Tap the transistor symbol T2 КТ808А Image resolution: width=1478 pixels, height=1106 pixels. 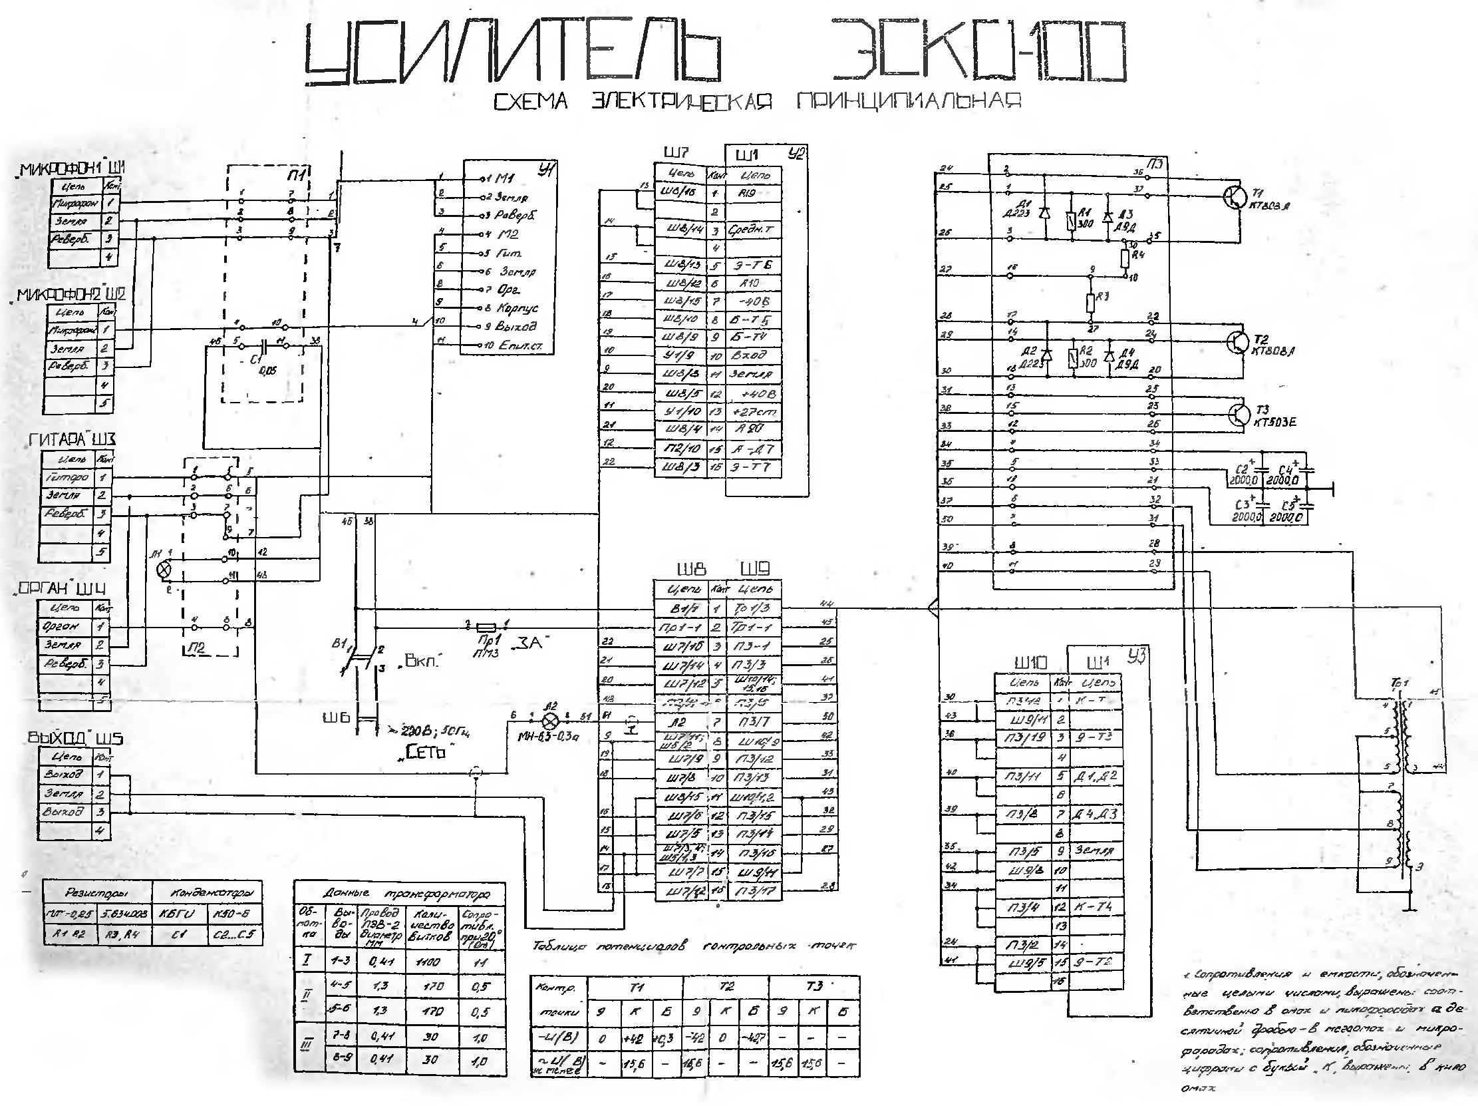point(1237,342)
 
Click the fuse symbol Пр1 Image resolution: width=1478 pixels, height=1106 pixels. point(485,628)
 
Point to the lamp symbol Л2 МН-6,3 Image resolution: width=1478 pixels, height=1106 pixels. point(550,721)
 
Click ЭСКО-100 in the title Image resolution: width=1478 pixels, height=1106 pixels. point(978,51)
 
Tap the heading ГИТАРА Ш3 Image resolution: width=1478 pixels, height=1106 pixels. point(72,440)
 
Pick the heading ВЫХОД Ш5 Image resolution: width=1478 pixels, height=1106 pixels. point(75,739)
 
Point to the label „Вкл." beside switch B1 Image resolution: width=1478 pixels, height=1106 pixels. point(422,661)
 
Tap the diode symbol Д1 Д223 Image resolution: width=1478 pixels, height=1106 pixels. point(1045,213)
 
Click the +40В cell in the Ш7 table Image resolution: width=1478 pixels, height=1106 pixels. point(753,393)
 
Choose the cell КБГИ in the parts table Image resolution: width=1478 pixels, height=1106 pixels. point(176,914)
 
